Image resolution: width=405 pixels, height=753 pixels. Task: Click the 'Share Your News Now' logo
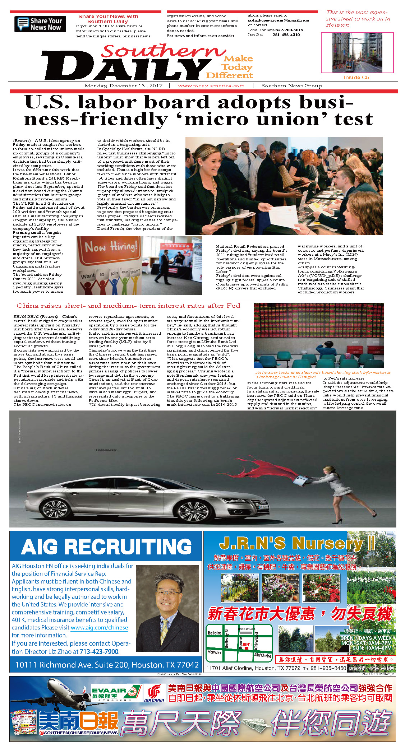[x=40, y=24]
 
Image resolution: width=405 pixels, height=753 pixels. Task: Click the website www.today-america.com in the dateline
[x=211, y=86]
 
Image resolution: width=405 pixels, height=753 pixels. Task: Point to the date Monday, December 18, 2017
[x=123, y=86]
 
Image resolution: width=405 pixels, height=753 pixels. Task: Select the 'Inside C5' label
[x=356, y=77]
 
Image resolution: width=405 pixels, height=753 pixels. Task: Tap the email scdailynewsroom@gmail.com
[x=278, y=20]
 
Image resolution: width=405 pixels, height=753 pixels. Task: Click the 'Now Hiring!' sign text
[x=111, y=247]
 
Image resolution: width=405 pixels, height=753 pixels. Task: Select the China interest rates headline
[x=128, y=306]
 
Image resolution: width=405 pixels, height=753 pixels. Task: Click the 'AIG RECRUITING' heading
[x=106, y=547]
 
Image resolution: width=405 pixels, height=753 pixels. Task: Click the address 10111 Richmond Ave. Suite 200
[x=107, y=665]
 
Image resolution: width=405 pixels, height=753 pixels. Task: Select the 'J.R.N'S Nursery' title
[x=296, y=544]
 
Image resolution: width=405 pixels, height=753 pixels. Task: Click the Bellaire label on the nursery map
[x=214, y=633]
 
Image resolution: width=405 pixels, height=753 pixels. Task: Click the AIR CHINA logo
[x=154, y=693]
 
